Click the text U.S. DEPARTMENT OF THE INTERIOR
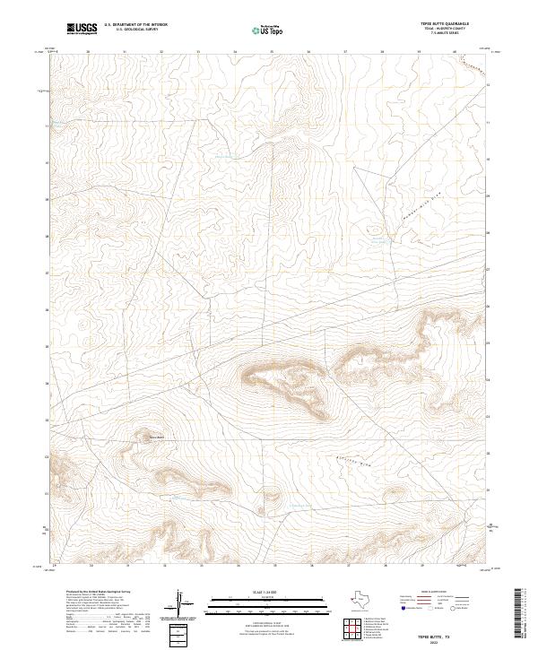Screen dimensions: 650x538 pos(135,25)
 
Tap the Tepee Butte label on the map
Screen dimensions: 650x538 pos(156,438)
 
